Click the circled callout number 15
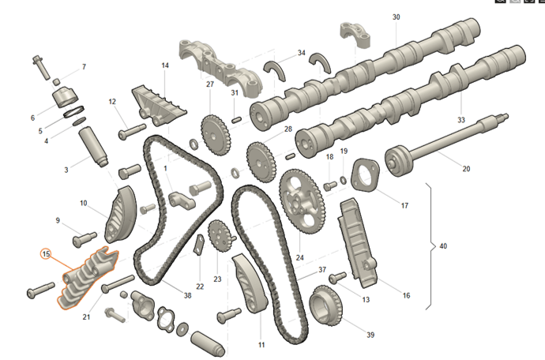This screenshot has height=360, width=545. pyautogui.click(x=47, y=254)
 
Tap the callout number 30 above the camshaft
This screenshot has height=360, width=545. pyautogui.click(x=396, y=17)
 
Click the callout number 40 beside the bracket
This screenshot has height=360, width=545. pyautogui.click(x=442, y=247)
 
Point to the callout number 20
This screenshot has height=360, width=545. pyautogui.click(x=466, y=169)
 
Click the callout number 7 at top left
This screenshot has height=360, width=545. pyautogui.click(x=84, y=67)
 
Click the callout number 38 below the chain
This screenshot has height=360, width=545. pyautogui.click(x=187, y=295)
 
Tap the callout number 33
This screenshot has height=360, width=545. pyautogui.click(x=461, y=120)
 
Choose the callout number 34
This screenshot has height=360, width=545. pyautogui.click(x=301, y=53)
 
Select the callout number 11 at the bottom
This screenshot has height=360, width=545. pyautogui.click(x=261, y=345)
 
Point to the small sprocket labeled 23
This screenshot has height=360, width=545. pyautogui.click(x=219, y=236)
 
